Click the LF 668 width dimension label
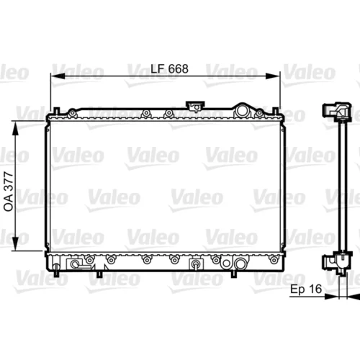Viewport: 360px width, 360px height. tap(169, 69)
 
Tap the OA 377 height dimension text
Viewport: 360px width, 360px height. tap(9, 192)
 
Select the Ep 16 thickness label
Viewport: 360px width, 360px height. tap(306, 289)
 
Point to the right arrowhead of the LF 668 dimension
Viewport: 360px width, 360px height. tap(273, 76)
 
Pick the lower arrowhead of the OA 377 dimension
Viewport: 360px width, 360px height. tap(15, 243)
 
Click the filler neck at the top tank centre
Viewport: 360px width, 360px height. tap(196, 107)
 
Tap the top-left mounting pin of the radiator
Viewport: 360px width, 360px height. tap(56, 111)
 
